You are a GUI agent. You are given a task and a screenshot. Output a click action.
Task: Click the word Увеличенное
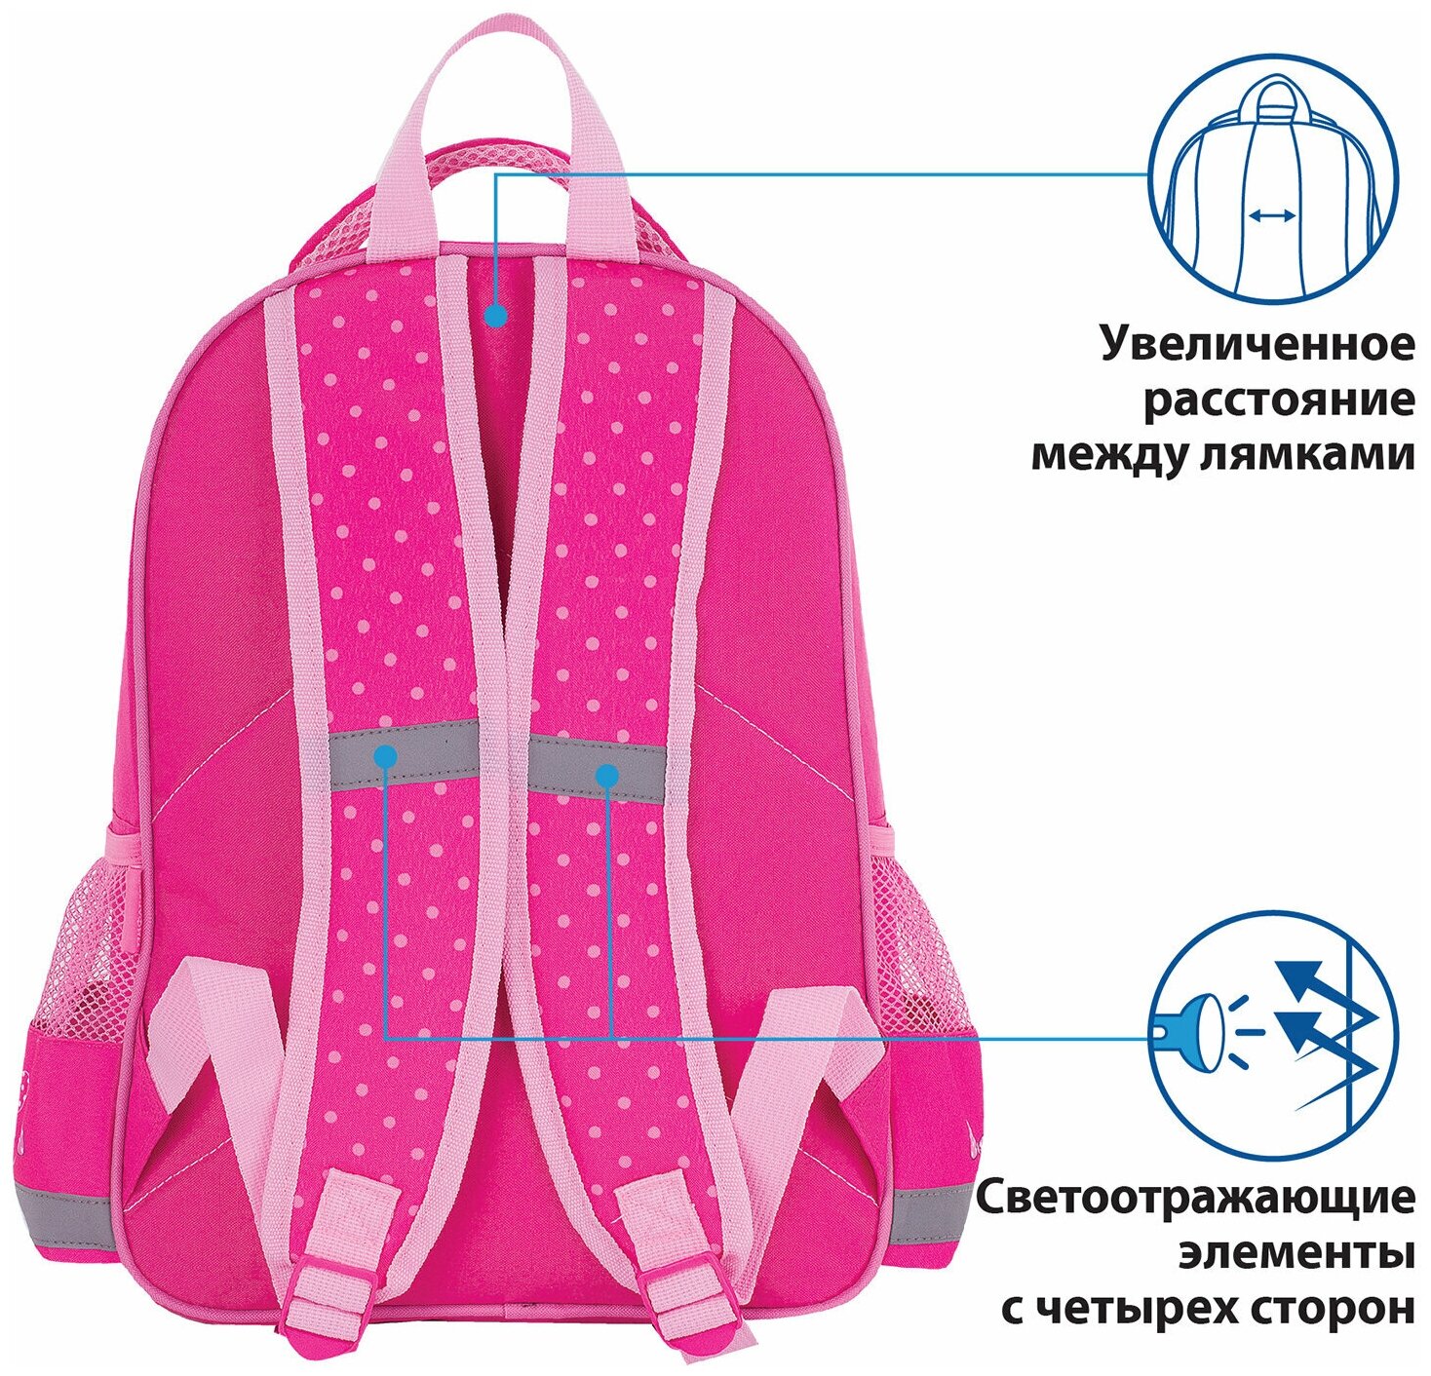click(1257, 345)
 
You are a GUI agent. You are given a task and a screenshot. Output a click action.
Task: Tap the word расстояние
click(1278, 401)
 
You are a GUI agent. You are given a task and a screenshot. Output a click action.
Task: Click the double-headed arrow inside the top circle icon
click(1273, 216)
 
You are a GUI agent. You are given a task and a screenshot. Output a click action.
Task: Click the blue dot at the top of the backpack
click(496, 316)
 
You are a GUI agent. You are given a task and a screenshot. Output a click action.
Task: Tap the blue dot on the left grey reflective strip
click(386, 754)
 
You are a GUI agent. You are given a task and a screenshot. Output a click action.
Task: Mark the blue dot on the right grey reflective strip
click(606, 776)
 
